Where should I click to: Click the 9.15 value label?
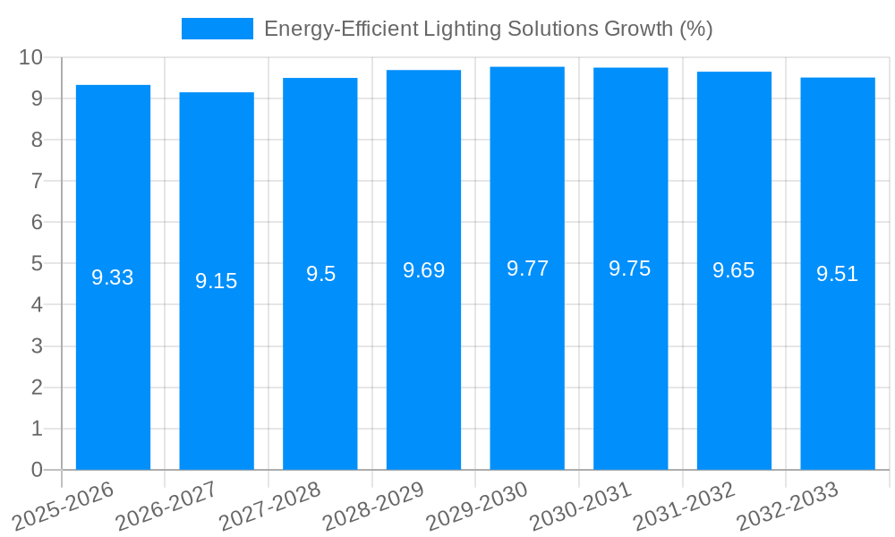click(x=217, y=281)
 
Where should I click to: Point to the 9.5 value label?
click(x=320, y=274)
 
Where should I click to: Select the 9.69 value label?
click(x=423, y=270)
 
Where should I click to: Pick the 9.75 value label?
click(x=630, y=268)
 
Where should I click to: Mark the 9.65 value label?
click(x=734, y=271)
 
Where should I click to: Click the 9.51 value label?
click(x=838, y=274)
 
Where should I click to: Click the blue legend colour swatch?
click(x=217, y=29)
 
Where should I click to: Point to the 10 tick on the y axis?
click(x=31, y=57)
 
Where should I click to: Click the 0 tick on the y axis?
click(x=37, y=470)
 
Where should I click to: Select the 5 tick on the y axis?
click(x=37, y=264)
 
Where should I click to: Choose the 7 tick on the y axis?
click(x=37, y=181)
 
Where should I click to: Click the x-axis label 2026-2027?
click(x=166, y=507)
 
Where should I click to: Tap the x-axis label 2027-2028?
click(x=270, y=507)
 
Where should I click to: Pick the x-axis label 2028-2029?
click(x=373, y=507)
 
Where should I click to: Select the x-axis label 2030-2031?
click(x=581, y=507)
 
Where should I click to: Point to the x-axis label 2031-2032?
click(x=684, y=507)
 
